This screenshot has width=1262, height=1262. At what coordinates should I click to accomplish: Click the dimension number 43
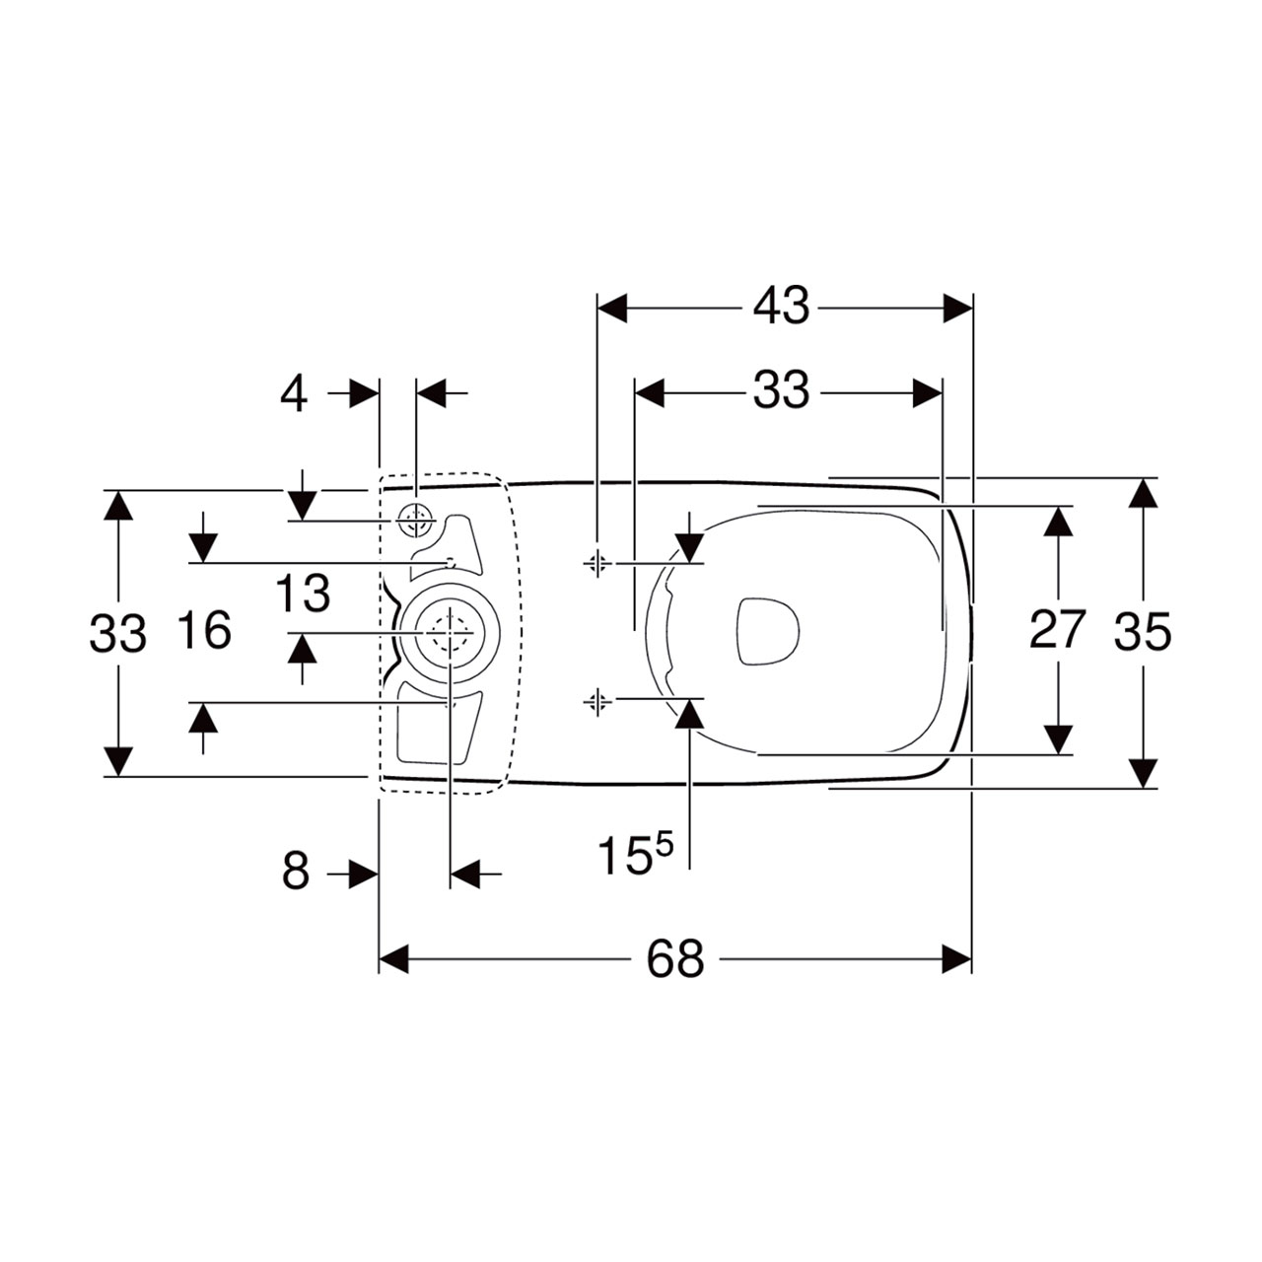[x=781, y=307]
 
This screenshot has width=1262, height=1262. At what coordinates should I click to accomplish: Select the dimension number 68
[x=675, y=959]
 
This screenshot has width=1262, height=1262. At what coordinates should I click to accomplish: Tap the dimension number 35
[x=1143, y=633]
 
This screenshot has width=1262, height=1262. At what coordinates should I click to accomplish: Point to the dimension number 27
[x=1058, y=629]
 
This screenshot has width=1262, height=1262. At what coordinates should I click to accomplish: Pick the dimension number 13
[x=302, y=593]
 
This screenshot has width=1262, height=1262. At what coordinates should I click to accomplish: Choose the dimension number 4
[x=294, y=393]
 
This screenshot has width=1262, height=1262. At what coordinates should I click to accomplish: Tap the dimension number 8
[x=296, y=873]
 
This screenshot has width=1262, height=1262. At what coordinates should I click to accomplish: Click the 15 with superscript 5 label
[x=635, y=855]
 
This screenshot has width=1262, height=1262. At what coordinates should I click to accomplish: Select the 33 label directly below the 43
[x=781, y=390]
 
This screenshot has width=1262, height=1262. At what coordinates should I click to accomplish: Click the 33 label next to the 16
[x=118, y=633]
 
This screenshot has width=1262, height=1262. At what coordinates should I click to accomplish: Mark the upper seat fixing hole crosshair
[x=596, y=562]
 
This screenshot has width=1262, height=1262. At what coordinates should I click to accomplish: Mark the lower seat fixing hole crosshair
[x=596, y=702]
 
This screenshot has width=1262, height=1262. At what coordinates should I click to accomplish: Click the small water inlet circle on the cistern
[x=416, y=521]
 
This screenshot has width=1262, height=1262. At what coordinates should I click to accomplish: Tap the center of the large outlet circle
[x=451, y=633]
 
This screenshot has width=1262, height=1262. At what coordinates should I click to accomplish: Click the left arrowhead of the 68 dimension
[x=393, y=958]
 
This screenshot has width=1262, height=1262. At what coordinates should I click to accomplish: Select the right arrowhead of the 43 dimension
[x=957, y=308]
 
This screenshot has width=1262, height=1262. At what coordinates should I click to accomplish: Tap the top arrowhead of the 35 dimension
[x=1143, y=494]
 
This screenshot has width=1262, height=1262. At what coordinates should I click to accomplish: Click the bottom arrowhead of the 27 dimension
[x=1058, y=740]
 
